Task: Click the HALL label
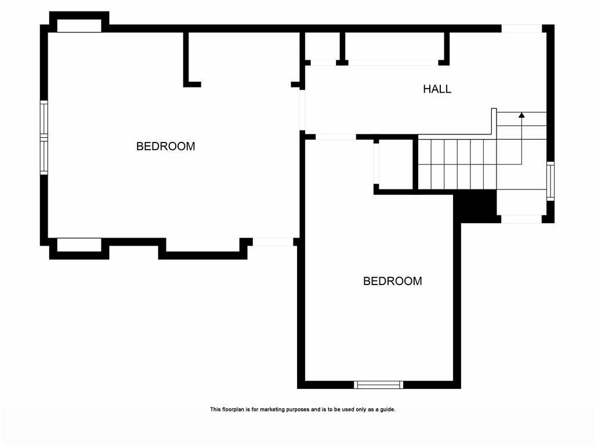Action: click(x=437, y=89)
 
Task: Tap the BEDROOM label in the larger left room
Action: click(x=165, y=147)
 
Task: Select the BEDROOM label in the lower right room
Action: click(x=393, y=281)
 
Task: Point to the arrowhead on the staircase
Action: click(x=521, y=115)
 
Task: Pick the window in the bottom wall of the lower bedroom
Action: click(x=378, y=385)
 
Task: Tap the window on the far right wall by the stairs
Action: click(x=550, y=181)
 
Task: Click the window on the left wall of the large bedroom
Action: click(x=44, y=138)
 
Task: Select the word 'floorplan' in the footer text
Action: click(x=233, y=410)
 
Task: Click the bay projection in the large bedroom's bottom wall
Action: click(x=202, y=248)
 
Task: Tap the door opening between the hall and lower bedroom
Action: click(x=336, y=137)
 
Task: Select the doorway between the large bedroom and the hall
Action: click(x=302, y=110)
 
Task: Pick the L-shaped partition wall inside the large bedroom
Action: click(x=191, y=60)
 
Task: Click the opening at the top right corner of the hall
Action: click(x=521, y=28)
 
